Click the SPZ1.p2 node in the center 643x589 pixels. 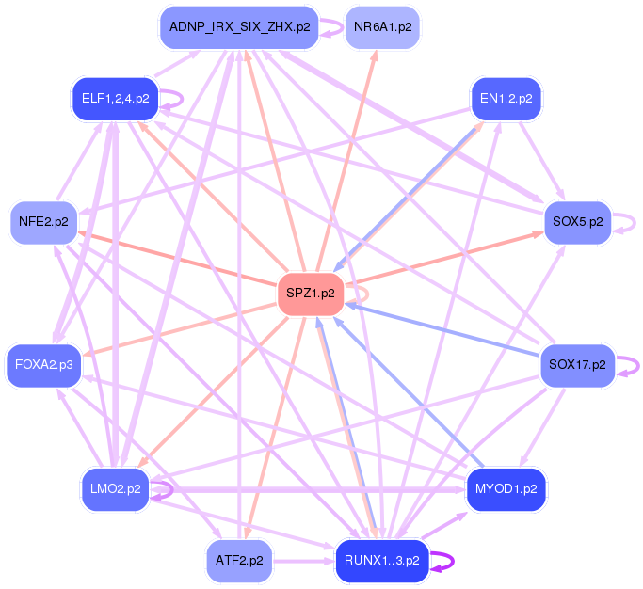click(x=313, y=294)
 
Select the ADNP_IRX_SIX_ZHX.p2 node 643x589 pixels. click(x=239, y=27)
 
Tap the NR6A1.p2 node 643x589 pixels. click(x=382, y=27)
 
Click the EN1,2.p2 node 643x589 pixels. click(x=506, y=98)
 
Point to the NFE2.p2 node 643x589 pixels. click(x=43, y=222)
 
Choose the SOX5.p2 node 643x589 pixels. click(x=578, y=222)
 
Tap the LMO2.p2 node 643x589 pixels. click(x=115, y=488)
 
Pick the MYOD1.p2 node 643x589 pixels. click(x=506, y=488)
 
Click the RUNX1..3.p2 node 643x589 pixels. click(x=381, y=561)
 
